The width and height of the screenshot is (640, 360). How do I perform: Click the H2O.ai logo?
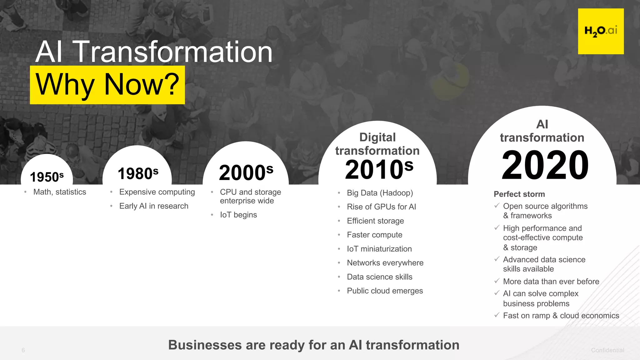601,31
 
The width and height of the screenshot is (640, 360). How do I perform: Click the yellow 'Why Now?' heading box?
107,85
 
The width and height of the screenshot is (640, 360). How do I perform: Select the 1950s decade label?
47,177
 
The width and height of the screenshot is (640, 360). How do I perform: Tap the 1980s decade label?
138,173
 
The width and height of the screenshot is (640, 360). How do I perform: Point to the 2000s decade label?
246,172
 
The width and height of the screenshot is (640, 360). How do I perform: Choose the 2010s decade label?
379,169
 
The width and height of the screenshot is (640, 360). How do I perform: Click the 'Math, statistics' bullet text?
60,192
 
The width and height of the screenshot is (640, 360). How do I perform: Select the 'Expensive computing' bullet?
157,192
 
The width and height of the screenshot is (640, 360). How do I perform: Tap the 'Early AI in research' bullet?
154,206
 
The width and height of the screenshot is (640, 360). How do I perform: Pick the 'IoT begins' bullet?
238,215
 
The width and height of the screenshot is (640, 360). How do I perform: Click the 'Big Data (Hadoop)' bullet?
380,193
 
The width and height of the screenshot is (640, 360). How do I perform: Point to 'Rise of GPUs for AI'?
381,207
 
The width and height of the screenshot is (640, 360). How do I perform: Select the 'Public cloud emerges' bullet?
385,291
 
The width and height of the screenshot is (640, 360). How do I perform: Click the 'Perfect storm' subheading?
519,194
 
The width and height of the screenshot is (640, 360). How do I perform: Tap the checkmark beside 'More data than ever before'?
497,281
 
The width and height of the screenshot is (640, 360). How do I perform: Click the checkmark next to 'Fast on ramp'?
497,315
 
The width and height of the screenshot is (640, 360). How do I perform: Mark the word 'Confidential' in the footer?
607,350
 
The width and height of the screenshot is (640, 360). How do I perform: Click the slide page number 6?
23,350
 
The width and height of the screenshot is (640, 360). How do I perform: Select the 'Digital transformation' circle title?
377,144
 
